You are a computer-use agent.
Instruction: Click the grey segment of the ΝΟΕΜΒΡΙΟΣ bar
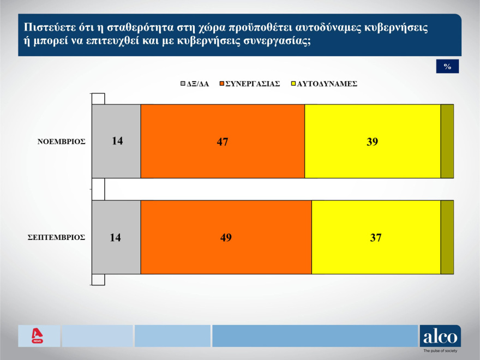pos(116,141)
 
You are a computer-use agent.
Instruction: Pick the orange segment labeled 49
pos(226,237)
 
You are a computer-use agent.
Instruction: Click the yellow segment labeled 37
pos(375,237)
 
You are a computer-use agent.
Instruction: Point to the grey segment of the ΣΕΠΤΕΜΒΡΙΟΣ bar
pos(116,237)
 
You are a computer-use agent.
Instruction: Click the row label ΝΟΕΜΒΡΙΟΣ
pos(62,141)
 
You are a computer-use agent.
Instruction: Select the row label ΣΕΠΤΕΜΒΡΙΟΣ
pos(57,237)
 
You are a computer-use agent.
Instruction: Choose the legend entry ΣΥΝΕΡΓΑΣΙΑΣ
pos(253,84)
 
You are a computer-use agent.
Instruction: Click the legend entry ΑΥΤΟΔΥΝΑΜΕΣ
pos(327,84)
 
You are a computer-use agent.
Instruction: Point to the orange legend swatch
pos(221,84)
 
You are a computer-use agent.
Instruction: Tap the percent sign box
pos(447,67)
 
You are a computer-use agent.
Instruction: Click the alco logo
pos(440,336)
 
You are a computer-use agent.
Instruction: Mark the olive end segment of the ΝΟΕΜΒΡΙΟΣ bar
pos(447,141)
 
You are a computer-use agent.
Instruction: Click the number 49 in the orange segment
pos(226,237)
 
